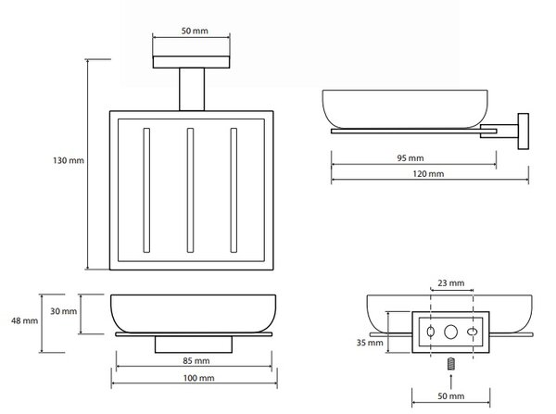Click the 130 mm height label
69,160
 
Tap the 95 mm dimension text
411,158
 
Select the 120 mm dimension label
428,174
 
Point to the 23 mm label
450,283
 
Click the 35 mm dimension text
370,343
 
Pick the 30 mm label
63,311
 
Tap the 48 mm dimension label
24,320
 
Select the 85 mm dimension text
196,361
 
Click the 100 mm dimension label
198,378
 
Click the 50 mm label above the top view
195,31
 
